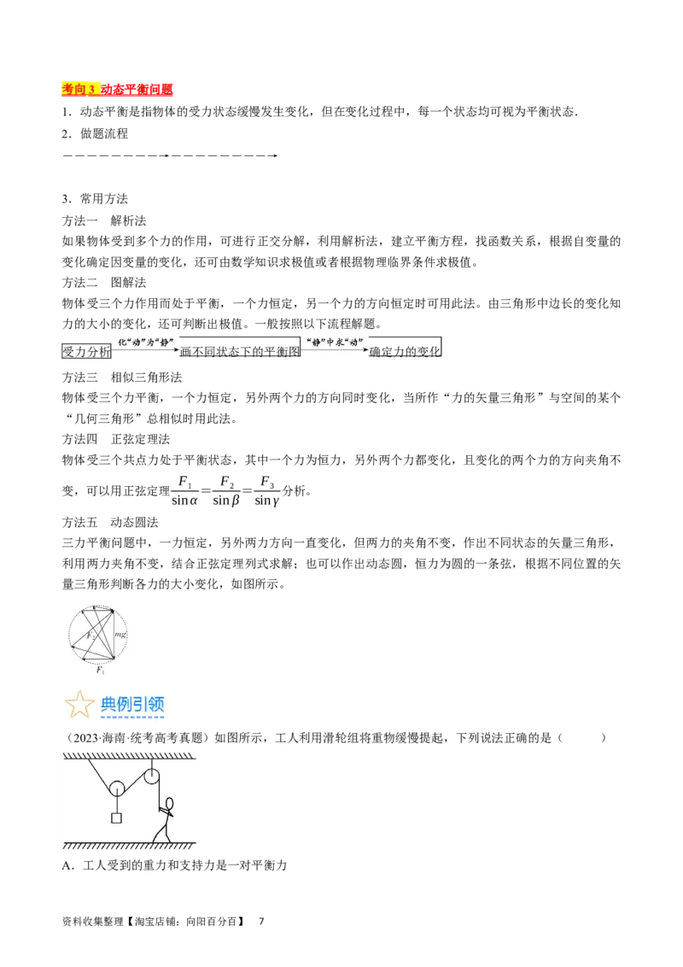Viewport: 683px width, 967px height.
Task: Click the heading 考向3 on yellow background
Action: click(81, 89)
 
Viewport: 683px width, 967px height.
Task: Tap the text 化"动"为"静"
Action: click(147, 342)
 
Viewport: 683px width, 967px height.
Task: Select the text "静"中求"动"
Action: click(335, 342)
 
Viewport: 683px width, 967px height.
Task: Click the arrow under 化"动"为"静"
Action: click(147, 351)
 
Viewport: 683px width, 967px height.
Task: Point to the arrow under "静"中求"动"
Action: click(335, 351)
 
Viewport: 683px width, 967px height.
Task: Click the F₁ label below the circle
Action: click(100, 671)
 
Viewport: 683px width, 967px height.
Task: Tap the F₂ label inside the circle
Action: click(88, 636)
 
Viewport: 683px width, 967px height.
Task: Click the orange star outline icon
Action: click(79, 705)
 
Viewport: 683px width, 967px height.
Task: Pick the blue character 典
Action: click(110, 705)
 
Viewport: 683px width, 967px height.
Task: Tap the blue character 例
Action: click(126, 705)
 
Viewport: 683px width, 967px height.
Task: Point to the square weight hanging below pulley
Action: click(116, 818)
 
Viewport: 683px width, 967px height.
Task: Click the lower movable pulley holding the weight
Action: click(116, 788)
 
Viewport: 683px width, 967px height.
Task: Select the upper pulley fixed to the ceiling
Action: click(152, 777)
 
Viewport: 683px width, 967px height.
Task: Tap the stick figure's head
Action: click(169, 804)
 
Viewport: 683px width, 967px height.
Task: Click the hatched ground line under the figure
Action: click(128, 846)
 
